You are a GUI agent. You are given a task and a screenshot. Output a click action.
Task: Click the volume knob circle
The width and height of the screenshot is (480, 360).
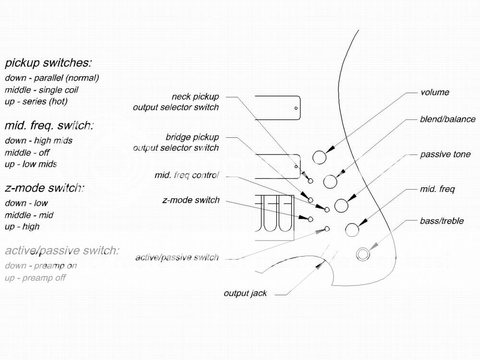(x=319, y=157)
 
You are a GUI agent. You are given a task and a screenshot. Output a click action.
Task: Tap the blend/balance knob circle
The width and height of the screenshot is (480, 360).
(x=330, y=181)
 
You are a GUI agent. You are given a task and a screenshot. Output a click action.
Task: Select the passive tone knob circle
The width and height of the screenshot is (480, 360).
(x=341, y=205)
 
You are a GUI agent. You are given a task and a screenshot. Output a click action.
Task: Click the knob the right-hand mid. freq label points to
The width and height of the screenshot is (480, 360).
(x=352, y=230)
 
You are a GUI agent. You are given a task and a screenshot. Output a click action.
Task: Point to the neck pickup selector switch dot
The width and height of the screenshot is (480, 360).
(x=311, y=181)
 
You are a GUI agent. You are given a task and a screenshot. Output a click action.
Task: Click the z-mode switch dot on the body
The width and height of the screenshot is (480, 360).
(x=311, y=219)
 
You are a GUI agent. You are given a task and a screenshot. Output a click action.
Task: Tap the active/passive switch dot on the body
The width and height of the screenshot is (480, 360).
(x=327, y=228)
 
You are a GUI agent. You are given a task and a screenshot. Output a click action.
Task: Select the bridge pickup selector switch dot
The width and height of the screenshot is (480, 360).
(x=311, y=200)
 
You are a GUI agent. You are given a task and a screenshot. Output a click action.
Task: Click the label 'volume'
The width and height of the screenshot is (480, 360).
(x=435, y=92)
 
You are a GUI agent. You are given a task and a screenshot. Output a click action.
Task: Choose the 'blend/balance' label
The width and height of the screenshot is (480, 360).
(x=447, y=119)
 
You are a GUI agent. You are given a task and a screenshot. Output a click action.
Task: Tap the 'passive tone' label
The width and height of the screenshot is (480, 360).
(x=445, y=154)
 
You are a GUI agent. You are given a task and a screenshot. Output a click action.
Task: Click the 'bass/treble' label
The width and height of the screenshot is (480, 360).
(x=442, y=221)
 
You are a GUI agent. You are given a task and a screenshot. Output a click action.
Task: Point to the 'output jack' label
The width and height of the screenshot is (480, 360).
(x=245, y=293)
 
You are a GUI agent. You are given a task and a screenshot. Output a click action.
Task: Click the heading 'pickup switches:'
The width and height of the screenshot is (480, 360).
(x=48, y=63)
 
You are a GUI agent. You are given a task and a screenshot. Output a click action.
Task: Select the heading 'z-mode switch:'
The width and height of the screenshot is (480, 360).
(x=45, y=188)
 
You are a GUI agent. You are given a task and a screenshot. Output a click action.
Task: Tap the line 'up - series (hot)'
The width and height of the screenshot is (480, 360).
(x=36, y=101)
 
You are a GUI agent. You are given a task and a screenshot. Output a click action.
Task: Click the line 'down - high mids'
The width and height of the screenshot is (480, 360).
(x=38, y=141)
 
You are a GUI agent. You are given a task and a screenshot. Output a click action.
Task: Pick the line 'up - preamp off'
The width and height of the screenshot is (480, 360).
(x=35, y=277)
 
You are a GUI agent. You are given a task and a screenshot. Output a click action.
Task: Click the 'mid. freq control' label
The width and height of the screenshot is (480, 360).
(x=187, y=175)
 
